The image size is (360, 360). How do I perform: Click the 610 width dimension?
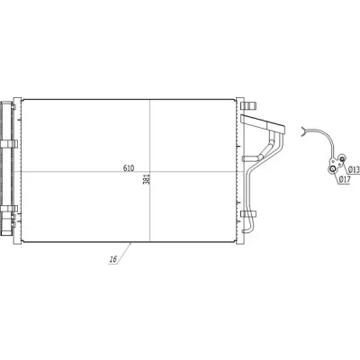129,168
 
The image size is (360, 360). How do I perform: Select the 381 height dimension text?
148,179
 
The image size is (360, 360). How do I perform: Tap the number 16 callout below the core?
113,259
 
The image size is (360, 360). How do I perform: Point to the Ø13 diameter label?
355,170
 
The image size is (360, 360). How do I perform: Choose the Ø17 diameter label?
345,180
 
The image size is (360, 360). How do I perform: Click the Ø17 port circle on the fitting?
332,170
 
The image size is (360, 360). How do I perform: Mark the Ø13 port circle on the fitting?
342,158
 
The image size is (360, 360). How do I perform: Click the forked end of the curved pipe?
304,131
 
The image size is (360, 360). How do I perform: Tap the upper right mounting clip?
248,106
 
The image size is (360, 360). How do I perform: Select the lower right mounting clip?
248,214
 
